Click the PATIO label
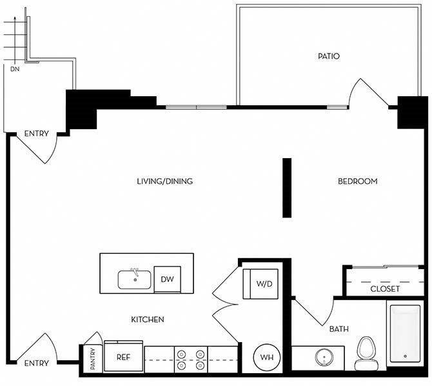[329, 56]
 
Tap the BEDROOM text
[358, 181]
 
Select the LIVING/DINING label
[165, 181]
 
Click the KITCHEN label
[148, 320]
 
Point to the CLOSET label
[385, 289]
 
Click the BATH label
[339, 329]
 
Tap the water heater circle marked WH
[267, 358]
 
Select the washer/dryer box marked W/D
[260, 284]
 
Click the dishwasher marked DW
[167, 279]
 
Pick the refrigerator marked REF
[123, 356]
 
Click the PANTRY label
[93, 359]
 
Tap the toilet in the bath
[366, 353]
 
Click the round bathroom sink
[324, 358]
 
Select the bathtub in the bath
[405, 333]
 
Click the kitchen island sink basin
[135, 279]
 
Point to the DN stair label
[15, 69]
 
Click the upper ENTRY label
[36, 134]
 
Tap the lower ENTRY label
[36, 363]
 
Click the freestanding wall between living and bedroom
[287, 188]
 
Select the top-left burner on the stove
[181, 354]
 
